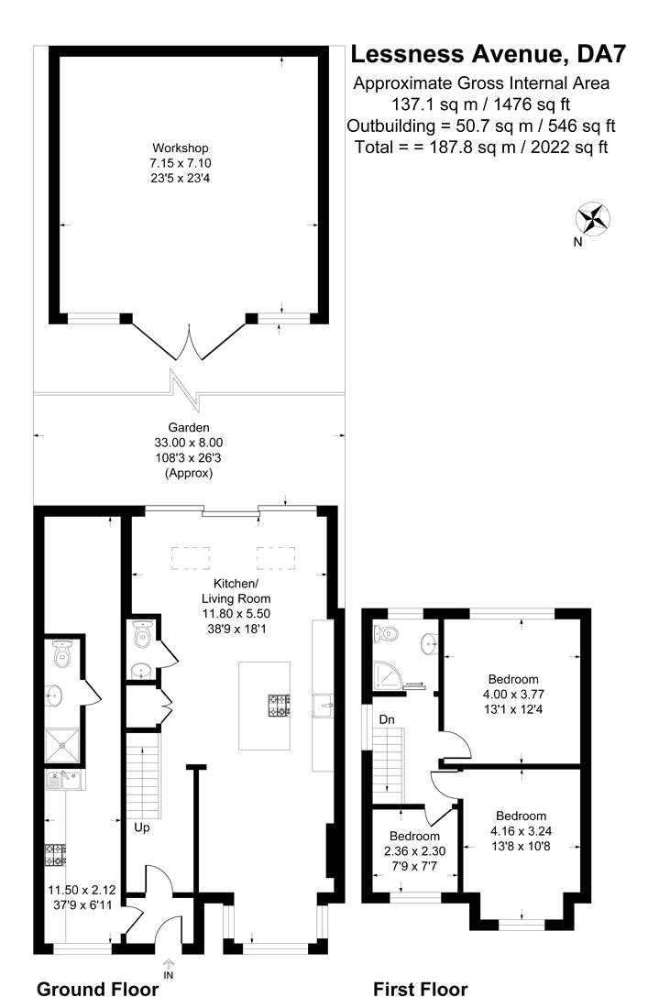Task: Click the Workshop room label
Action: [x=181, y=148]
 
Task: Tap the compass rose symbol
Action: [x=593, y=219]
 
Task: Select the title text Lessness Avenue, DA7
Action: [x=489, y=55]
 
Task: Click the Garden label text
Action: [x=189, y=427]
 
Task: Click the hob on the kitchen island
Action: [x=280, y=706]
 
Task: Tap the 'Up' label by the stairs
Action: [x=141, y=827]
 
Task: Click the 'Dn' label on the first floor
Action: [x=388, y=719]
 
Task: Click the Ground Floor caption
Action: [x=104, y=990]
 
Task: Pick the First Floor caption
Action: [x=420, y=990]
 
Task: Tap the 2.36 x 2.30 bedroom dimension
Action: [x=414, y=851]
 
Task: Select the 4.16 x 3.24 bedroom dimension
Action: [x=521, y=832]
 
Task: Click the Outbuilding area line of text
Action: [x=480, y=126]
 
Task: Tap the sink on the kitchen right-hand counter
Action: [x=323, y=705]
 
